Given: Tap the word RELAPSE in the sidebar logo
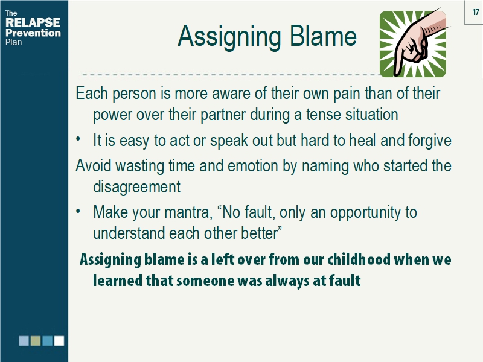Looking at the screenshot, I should pos(33,23).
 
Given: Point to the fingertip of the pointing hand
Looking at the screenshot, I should pos(399,70).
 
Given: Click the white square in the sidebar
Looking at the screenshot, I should pos(59,341).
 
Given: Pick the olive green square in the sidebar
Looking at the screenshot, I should pos(36,341).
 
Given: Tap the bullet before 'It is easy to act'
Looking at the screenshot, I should pos(78,140).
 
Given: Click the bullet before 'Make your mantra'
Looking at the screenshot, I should pos(78,212).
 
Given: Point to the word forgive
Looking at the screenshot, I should pos(429,141).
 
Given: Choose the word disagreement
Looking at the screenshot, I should pos(136,187).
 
